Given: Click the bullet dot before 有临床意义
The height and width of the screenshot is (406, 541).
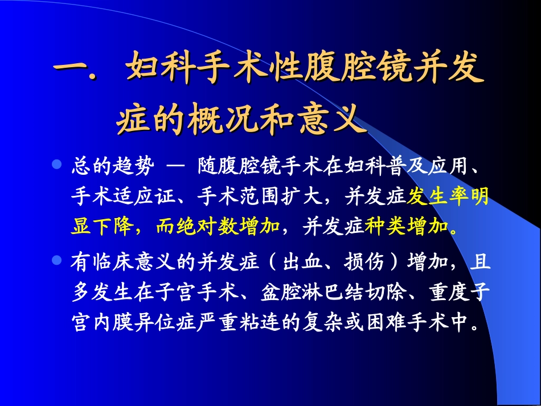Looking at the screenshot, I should pyautogui.click(x=56, y=261).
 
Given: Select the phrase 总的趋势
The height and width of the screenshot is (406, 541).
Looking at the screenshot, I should pyautogui.click(x=112, y=166).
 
